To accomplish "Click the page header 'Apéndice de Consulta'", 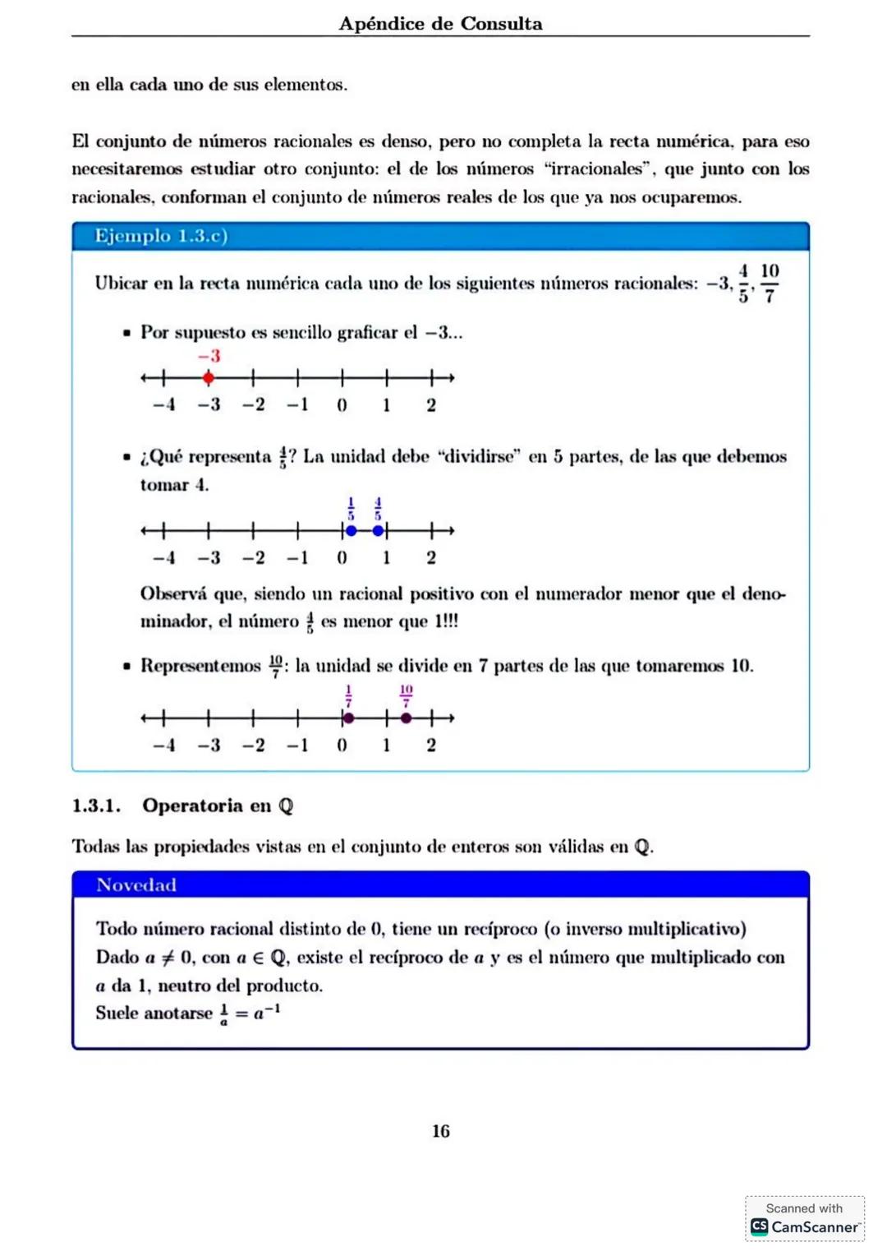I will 440,23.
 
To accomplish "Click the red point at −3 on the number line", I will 209,378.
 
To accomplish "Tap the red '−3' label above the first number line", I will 209,356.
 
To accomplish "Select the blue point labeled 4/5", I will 378,531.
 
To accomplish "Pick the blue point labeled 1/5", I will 351,531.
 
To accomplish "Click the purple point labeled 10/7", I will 406,718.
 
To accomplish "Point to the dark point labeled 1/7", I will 348,718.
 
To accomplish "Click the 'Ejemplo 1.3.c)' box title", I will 161,236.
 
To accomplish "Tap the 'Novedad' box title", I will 136,885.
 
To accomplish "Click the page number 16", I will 441,1131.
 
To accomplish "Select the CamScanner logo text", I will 815,1227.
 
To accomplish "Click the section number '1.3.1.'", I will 96,806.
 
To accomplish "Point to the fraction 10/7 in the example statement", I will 770,283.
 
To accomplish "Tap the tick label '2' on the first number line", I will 431,405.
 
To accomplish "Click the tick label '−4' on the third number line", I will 164,746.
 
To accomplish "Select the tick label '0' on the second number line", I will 342,558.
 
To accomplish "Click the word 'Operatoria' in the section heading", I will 195,806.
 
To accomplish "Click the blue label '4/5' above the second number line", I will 378,509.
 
